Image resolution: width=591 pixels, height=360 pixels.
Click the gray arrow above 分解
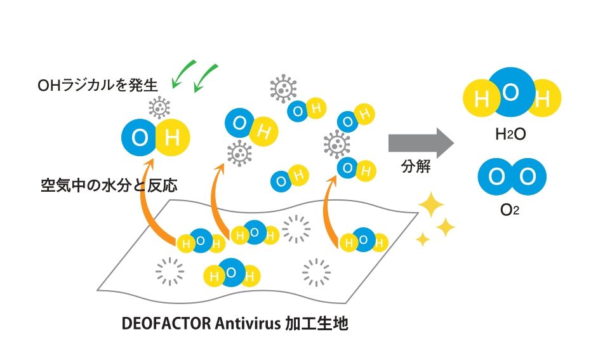pos(421,143)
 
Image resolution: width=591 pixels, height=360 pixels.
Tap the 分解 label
pos(416,166)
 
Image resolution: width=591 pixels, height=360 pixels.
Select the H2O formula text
pos(510,134)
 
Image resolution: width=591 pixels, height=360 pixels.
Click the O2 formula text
pos(509,210)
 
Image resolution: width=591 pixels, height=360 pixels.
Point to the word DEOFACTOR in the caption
pos(166,323)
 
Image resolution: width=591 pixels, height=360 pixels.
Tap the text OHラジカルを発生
pos(97,85)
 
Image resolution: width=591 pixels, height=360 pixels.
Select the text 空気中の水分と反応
pos(109,185)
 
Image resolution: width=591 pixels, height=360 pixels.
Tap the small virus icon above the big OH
pos(159,107)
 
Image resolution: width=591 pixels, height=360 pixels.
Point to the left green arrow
pos(183,74)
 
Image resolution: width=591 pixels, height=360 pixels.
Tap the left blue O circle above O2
pos(496,177)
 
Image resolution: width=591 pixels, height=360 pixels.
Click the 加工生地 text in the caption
pos(317,323)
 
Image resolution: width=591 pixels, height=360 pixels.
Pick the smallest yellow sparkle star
pos(423,239)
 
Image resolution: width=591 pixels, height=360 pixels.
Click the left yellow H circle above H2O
pos(479,98)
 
